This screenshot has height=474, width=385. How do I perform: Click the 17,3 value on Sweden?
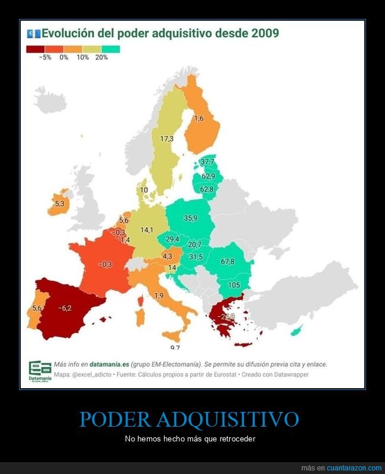tap(166, 138)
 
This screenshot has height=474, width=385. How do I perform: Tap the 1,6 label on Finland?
tap(199, 118)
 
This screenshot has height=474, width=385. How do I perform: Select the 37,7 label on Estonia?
tap(207, 162)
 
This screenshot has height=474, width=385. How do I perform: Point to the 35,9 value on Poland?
tap(190, 218)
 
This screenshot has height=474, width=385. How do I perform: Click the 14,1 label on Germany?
tap(146, 230)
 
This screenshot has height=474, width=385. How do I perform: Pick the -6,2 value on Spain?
tap(65, 308)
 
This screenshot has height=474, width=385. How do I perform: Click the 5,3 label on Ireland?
tap(59, 203)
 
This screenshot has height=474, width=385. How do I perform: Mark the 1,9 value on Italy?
tap(159, 295)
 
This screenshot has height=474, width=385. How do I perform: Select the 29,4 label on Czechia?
tap(172, 239)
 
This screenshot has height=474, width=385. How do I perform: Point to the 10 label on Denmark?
tap(143, 190)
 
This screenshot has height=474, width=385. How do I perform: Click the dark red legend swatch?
tap(35, 49)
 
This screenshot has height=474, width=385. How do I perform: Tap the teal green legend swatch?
tap(111, 49)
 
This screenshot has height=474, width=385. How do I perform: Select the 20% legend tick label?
tap(101, 58)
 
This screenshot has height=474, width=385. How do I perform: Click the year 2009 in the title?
tap(265, 33)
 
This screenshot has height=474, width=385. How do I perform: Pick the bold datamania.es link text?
tap(109, 365)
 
